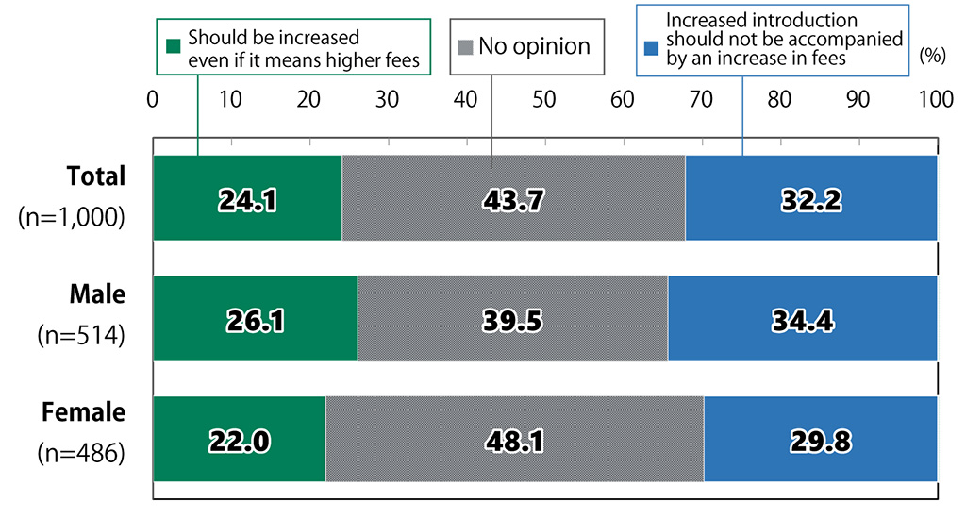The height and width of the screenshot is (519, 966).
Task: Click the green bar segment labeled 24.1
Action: coord(247,198)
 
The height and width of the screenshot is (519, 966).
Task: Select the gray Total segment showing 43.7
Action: coord(513,198)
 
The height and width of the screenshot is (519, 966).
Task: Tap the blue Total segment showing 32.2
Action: coord(810,198)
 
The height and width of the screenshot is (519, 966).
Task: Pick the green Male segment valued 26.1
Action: coord(255,319)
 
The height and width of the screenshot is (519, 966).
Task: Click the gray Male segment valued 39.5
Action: coord(512,319)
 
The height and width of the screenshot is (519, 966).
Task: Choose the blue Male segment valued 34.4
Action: coord(802,319)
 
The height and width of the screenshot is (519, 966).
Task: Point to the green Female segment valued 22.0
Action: coord(239,439)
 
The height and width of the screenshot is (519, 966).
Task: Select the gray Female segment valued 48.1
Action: coord(514,439)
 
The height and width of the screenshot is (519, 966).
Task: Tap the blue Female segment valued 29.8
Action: coord(820,439)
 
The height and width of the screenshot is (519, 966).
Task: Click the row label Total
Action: coord(96,176)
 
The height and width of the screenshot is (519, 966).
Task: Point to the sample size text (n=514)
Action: coord(81,335)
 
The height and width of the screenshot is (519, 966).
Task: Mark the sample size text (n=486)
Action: coord(81,454)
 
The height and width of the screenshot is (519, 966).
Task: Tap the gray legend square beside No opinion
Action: coord(465,45)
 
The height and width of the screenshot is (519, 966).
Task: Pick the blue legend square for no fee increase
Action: coord(651,45)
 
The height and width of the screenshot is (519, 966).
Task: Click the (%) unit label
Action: coord(931,56)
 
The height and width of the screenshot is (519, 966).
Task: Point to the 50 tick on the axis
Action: coord(543,98)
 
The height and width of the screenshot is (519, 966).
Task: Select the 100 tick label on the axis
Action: coord(935,98)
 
